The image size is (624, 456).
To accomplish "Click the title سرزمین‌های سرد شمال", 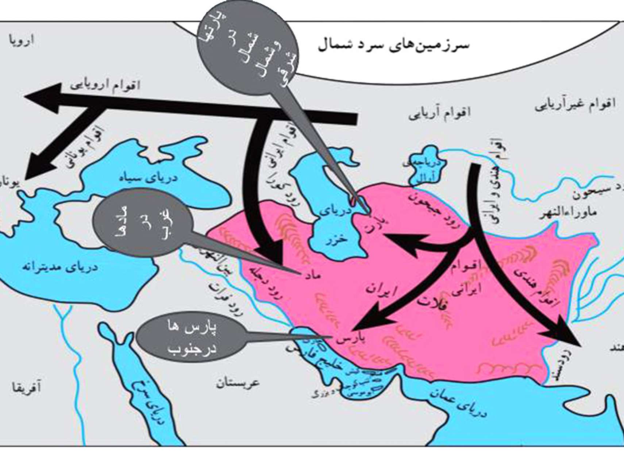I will pos(394,45).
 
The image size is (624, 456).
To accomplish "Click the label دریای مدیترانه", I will pos(61,267).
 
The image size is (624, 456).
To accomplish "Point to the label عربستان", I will pos(238,383).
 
